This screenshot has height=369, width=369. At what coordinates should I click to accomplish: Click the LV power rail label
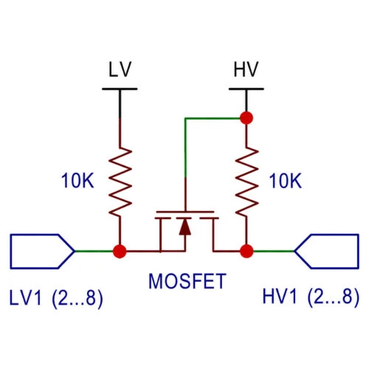click(x=120, y=69)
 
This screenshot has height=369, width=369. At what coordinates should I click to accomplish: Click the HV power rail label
click(x=246, y=69)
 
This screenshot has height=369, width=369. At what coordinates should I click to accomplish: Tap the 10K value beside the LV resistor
click(x=77, y=181)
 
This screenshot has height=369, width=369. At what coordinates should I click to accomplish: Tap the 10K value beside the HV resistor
click(x=286, y=181)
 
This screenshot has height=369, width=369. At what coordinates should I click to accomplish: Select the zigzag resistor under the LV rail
click(x=120, y=182)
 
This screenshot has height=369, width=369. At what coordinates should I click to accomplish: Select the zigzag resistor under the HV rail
click(x=246, y=182)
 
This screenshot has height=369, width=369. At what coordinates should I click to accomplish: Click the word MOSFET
click(x=187, y=281)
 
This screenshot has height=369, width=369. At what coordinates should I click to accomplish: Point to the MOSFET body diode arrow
click(x=185, y=227)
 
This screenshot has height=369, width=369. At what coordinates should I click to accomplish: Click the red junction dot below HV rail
click(x=246, y=118)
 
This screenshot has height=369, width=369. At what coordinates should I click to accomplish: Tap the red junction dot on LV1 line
click(x=120, y=251)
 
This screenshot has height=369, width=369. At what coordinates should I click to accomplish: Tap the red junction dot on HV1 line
click(x=246, y=251)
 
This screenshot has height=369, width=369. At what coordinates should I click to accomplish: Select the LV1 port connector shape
click(x=42, y=251)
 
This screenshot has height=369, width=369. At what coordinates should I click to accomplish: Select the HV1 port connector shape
click(x=327, y=251)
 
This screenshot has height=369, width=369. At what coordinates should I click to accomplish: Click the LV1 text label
click(x=25, y=297)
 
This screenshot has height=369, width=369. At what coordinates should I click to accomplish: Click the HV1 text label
click(x=280, y=297)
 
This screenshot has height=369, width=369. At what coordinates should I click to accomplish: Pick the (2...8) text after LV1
click(x=77, y=298)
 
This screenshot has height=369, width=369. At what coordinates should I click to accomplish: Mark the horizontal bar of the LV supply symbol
click(x=120, y=89)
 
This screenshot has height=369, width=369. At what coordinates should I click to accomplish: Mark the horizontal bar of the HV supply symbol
click(x=246, y=89)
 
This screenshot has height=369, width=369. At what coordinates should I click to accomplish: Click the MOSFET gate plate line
click(x=185, y=212)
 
